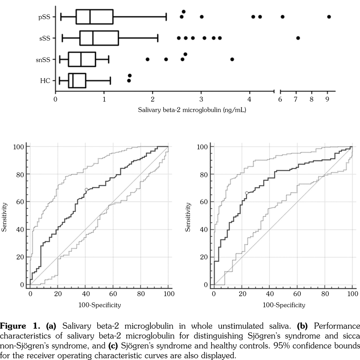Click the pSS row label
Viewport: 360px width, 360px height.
(x=44, y=16)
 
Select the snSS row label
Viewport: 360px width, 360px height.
(x=43, y=59)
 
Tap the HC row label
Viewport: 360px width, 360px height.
(x=45, y=80)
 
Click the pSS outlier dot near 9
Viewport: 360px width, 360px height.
(x=329, y=17)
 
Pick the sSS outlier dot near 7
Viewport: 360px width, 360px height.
(x=298, y=38)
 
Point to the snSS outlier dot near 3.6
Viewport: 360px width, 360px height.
(x=232, y=59)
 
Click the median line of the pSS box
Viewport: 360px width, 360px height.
(x=90, y=16)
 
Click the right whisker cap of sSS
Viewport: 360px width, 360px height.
(x=158, y=38)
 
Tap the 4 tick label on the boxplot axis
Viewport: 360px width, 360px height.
(x=250, y=99)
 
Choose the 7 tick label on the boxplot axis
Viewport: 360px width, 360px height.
(x=296, y=99)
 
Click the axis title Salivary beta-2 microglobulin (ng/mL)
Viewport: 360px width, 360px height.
(x=192, y=109)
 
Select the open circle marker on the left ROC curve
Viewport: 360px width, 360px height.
(x=86, y=189)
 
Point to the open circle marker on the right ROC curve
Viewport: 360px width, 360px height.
(x=246, y=193)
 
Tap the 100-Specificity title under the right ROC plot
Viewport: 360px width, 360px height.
(x=284, y=305)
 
